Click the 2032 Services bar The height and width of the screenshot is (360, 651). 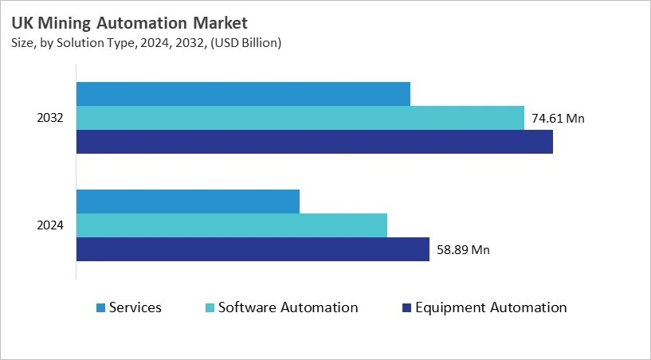[243, 93]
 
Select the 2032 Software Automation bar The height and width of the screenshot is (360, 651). [300, 118]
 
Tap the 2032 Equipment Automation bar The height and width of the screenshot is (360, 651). [314, 142]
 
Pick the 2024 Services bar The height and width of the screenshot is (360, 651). [187, 202]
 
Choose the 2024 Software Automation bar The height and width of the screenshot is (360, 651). [231, 225]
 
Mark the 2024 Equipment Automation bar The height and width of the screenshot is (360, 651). [253, 249]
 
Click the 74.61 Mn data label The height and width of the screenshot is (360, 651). [558, 119]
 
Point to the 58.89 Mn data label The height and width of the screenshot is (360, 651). [463, 250]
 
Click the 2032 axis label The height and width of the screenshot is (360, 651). [50, 118]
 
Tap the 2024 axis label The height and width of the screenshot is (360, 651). [50, 225]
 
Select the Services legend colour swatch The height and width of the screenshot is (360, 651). [100, 308]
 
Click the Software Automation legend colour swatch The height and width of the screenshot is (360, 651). [210, 308]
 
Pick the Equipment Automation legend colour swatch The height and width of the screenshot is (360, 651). [407, 308]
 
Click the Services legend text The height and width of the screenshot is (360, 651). [135, 307]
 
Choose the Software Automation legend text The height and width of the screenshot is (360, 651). [288, 307]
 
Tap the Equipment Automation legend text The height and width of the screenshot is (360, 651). [491, 307]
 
